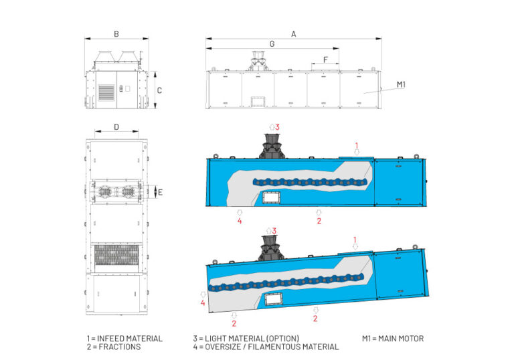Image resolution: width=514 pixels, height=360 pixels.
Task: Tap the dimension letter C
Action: (159, 90)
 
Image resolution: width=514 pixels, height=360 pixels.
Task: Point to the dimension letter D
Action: (116, 126)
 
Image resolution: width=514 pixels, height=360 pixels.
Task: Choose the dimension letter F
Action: (325, 60)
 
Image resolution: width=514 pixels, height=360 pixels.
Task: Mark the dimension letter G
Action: (271, 43)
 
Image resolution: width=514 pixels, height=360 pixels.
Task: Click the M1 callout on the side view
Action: (401, 84)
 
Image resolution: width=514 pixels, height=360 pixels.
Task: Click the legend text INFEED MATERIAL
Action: (124, 338)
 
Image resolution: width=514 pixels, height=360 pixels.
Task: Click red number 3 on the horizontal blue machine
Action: (277, 126)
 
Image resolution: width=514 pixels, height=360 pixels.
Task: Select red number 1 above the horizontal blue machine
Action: (357, 145)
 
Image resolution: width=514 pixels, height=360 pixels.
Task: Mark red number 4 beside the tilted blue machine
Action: (202, 302)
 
